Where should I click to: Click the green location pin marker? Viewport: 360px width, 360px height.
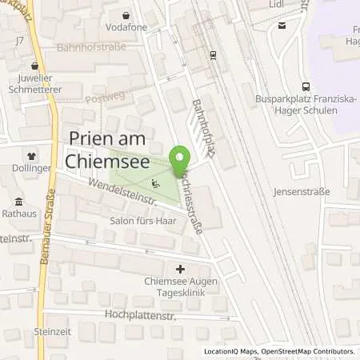[x=181, y=157]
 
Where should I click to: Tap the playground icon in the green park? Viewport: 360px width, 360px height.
[x=157, y=182]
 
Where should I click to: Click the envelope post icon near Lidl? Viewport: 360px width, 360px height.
[x=282, y=25]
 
